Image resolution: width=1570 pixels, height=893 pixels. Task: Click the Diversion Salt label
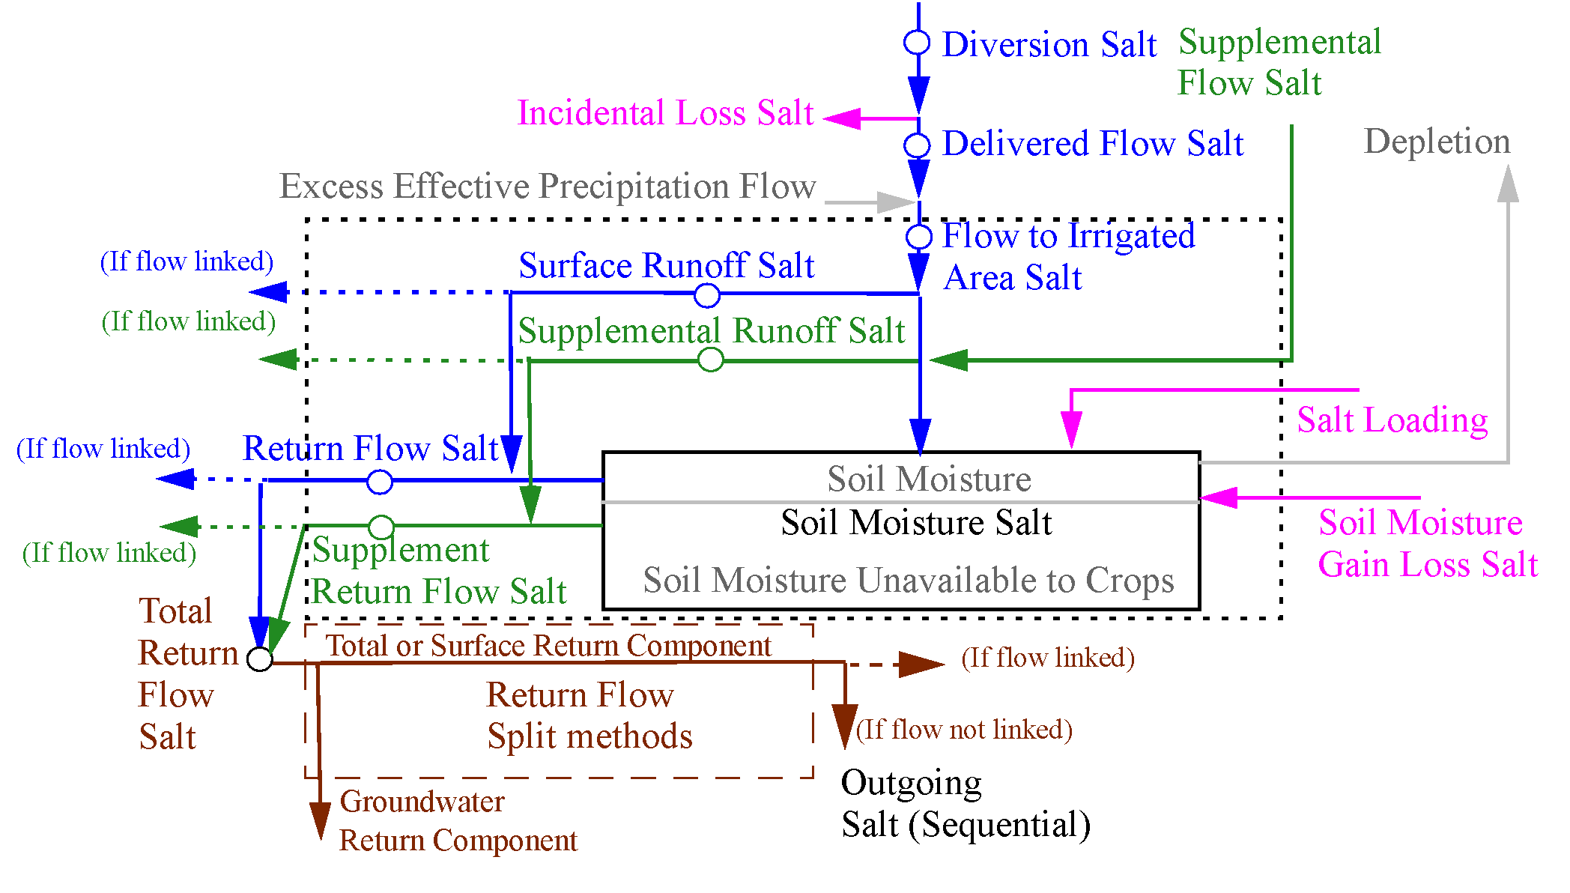coord(1049,45)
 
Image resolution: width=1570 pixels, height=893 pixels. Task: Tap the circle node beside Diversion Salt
coord(917,43)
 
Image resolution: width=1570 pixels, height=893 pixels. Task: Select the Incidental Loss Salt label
coord(665,114)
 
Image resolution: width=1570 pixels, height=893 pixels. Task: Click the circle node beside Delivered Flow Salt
coord(917,145)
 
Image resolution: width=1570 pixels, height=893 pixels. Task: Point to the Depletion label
coord(1437,142)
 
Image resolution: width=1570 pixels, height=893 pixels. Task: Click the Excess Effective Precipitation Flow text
coord(548,187)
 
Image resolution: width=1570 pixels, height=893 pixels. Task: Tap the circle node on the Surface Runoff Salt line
coord(707,296)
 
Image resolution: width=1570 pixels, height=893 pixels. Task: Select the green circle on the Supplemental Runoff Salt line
coord(710,360)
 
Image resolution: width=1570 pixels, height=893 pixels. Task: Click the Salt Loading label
coord(1392,421)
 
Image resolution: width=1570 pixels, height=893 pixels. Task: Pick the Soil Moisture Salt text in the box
coord(916,523)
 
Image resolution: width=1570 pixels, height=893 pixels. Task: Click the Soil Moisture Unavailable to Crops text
coord(908,581)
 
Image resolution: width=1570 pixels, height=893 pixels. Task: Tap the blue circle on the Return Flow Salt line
coord(380,482)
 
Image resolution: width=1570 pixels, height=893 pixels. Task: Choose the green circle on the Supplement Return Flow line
coord(381,527)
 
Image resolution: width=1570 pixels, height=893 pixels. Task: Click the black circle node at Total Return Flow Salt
coord(260,659)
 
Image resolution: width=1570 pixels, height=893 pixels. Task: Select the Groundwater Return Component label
coord(458,821)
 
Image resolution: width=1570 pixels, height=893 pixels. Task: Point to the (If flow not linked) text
coord(964,730)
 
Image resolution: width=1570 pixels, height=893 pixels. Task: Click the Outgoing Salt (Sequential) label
coord(965,804)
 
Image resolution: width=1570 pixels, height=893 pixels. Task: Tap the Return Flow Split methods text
coord(589,715)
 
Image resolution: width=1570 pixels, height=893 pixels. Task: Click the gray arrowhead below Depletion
coord(1508,184)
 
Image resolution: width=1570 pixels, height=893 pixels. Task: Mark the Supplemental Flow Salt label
coord(1279,62)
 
